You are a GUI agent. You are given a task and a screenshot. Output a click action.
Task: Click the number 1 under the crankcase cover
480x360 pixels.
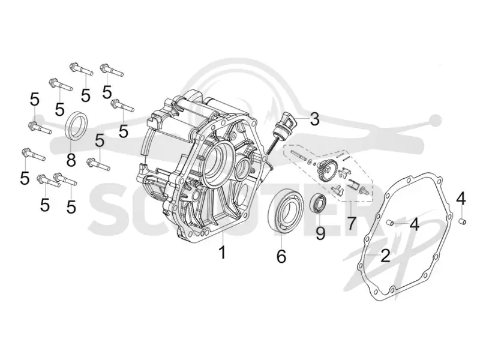(x=223, y=251)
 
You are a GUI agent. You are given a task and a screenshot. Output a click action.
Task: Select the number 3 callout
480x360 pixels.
(x=314, y=119)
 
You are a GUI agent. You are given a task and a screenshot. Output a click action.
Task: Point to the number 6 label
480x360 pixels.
(x=281, y=256)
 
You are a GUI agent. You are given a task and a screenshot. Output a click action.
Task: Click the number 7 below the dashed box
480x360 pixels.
(x=351, y=223)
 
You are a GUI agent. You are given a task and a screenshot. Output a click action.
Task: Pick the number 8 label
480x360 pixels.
(x=71, y=159)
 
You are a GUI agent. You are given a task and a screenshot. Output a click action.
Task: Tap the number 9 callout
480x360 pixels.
(x=320, y=233)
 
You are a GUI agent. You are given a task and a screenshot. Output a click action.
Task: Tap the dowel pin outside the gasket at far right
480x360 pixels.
(x=463, y=221)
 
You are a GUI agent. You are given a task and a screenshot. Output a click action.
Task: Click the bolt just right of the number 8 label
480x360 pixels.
(x=98, y=164)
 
